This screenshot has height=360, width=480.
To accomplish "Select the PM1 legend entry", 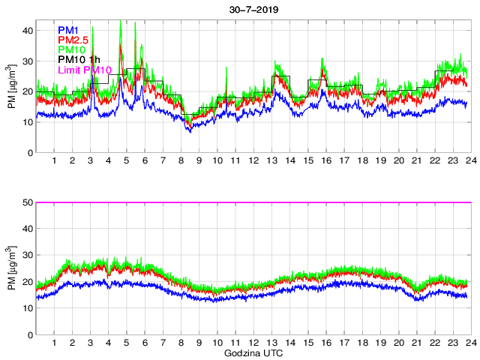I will pyautogui.click(x=68, y=30).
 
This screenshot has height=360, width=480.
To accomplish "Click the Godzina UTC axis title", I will pyautogui.click(x=250, y=352).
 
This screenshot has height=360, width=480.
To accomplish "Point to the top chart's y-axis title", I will pyautogui.click(x=11, y=86).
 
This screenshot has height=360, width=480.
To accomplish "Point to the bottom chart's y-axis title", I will pyautogui.click(x=11, y=268).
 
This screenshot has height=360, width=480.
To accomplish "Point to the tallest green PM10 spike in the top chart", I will pyautogui.click(x=121, y=21).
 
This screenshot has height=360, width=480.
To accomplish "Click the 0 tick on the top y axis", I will pyautogui.click(x=28, y=152).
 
